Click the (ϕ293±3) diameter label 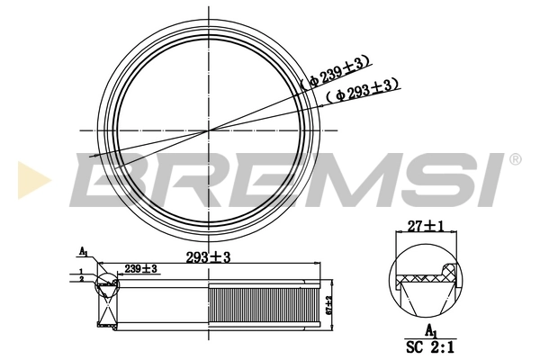pos(363,91)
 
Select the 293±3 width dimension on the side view pos(209,256)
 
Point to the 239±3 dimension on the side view pos(141,268)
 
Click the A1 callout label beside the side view pos(83,251)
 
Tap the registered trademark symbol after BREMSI pos(515,159)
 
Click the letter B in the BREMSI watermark pos(104,178)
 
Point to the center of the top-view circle pos(209,130)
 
